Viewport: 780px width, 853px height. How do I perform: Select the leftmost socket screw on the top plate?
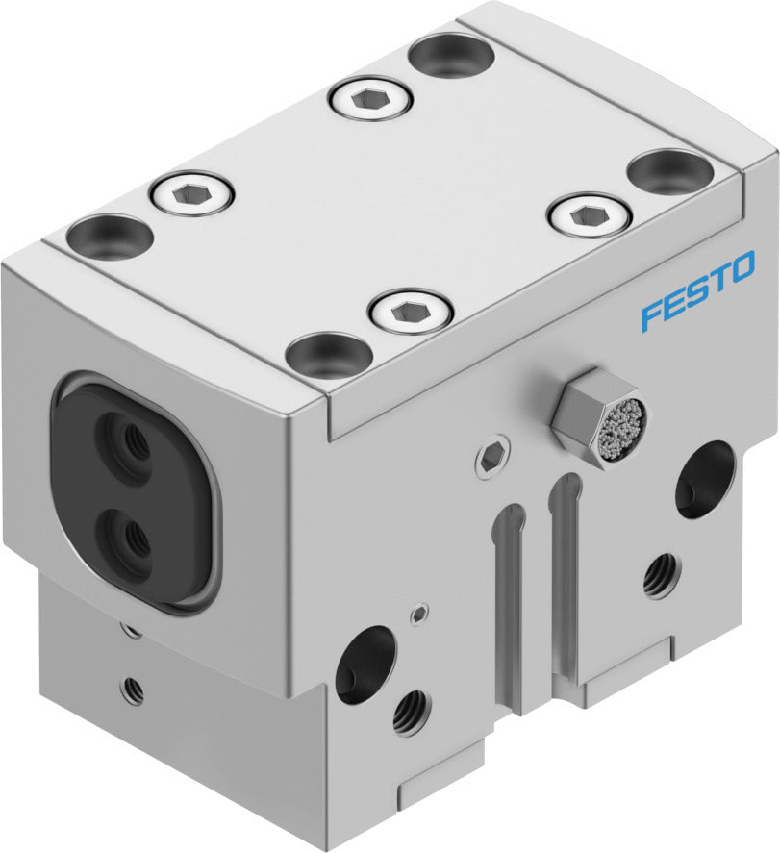pyautogui.click(x=192, y=196)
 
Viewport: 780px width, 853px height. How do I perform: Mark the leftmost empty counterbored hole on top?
pyautogui.click(x=110, y=236)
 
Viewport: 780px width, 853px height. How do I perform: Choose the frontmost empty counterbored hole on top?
pyautogui.click(x=329, y=353)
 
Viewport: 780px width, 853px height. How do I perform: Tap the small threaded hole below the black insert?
pyautogui.click(x=132, y=687)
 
